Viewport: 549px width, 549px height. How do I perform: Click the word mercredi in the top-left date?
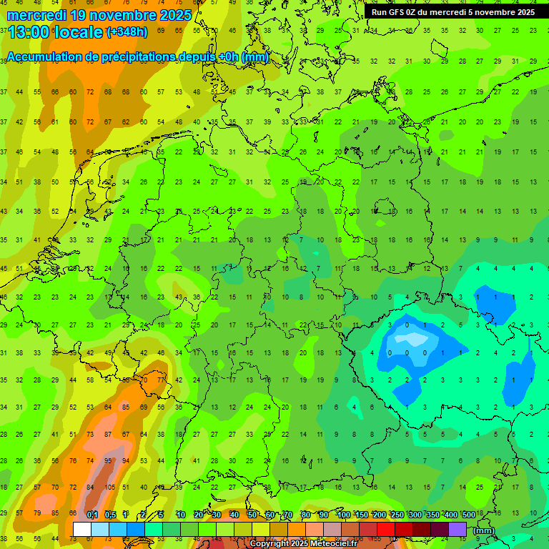point(37,14)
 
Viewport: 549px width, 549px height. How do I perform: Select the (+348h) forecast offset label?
point(127,31)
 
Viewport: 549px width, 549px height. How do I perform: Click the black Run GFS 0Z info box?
point(453,11)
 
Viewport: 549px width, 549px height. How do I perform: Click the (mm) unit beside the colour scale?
point(483,530)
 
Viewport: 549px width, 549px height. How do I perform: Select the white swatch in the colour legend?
point(81,530)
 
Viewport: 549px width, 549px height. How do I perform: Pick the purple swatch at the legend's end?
point(457,530)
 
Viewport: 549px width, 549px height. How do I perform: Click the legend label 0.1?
point(92,515)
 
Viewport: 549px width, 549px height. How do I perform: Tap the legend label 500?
point(468,515)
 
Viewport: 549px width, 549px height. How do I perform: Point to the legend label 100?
point(343,515)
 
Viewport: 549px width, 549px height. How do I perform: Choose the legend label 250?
point(397,515)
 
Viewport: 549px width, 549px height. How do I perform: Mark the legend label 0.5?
point(110,515)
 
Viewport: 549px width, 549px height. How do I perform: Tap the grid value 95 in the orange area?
point(107,460)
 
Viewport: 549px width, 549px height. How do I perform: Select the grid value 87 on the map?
point(107,434)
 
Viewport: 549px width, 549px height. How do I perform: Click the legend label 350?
point(432,515)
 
